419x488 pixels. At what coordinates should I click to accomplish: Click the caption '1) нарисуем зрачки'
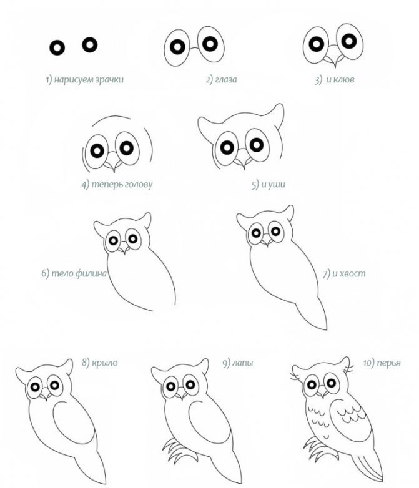(x=84, y=80)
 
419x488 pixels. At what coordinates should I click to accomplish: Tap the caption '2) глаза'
(x=222, y=80)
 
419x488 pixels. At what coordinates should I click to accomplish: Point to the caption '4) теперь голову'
(x=117, y=185)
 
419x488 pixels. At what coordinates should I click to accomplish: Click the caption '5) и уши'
(x=264, y=185)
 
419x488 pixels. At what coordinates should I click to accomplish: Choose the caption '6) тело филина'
(x=74, y=273)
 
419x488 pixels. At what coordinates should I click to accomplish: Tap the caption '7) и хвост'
(x=343, y=273)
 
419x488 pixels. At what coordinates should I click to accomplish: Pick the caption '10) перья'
(x=382, y=363)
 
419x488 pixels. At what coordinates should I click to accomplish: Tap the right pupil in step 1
(x=91, y=44)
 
